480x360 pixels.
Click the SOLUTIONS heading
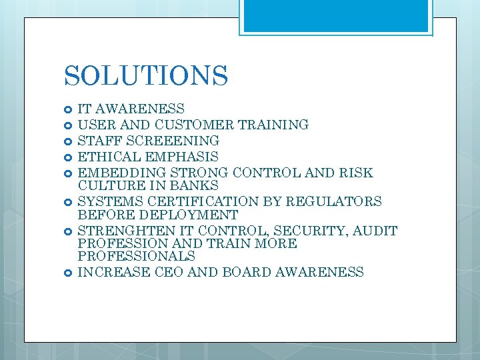tap(146, 75)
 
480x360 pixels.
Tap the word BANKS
tap(197, 186)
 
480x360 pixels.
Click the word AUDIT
tap(374, 231)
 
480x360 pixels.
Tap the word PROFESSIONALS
tap(136, 256)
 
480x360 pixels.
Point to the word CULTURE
tap(111, 186)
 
